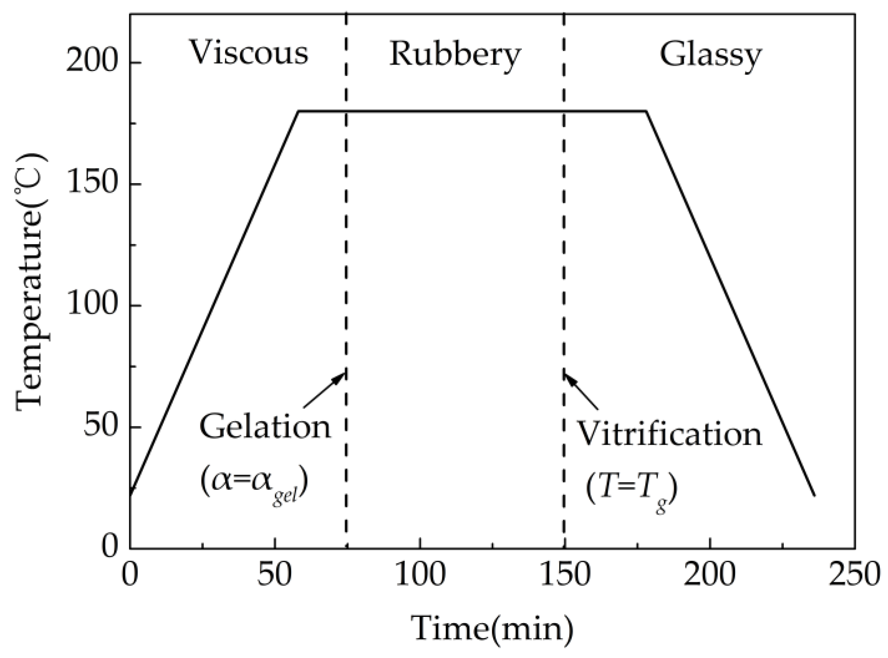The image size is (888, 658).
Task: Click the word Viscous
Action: [x=249, y=54]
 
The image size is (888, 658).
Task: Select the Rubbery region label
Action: [x=455, y=55]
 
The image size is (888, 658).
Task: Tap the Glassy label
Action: [x=711, y=56]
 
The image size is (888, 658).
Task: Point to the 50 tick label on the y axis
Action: [x=100, y=427]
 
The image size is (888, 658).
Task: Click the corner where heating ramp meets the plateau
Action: [x=298, y=111]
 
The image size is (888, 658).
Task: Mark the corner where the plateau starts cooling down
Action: [x=646, y=111]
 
